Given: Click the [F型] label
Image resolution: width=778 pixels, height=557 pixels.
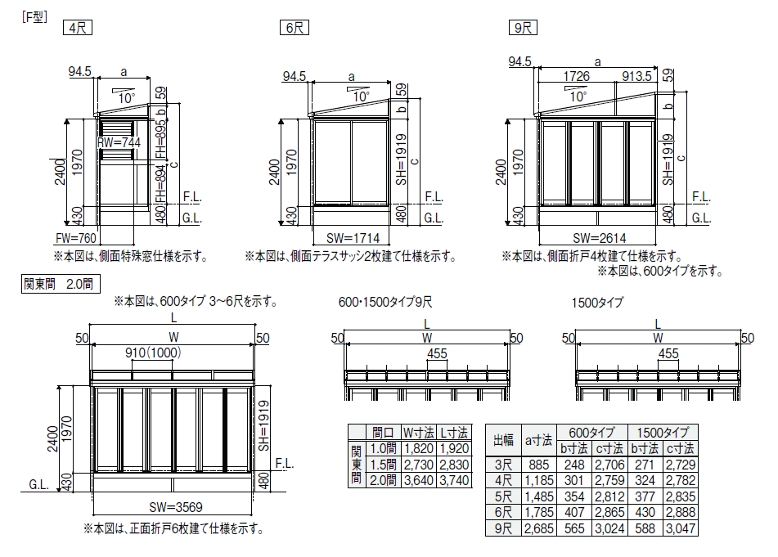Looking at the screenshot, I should [34, 16].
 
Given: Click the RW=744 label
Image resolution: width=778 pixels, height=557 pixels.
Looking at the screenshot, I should [119, 142].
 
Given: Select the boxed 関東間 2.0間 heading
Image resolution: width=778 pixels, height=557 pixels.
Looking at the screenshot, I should [58, 285].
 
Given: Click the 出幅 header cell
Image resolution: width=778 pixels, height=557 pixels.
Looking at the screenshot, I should [503, 440].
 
